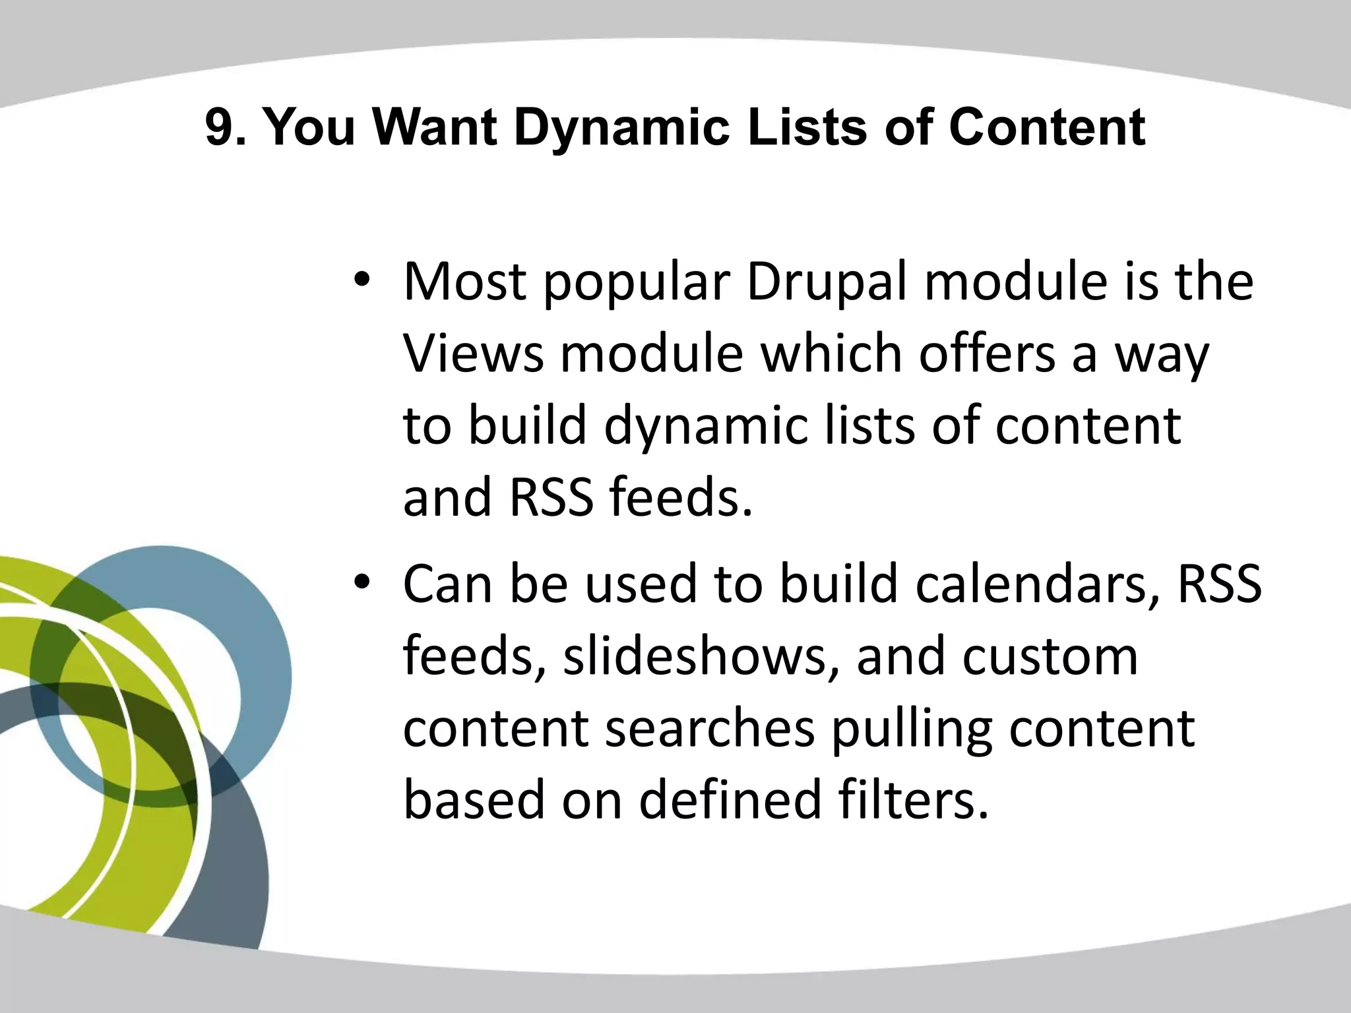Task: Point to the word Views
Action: click(x=473, y=354)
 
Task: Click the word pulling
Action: click(x=912, y=731)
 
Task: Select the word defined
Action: click(x=730, y=800)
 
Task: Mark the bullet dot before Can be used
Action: click(x=362, y=583)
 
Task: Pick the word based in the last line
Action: click(x=474, y=800)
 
